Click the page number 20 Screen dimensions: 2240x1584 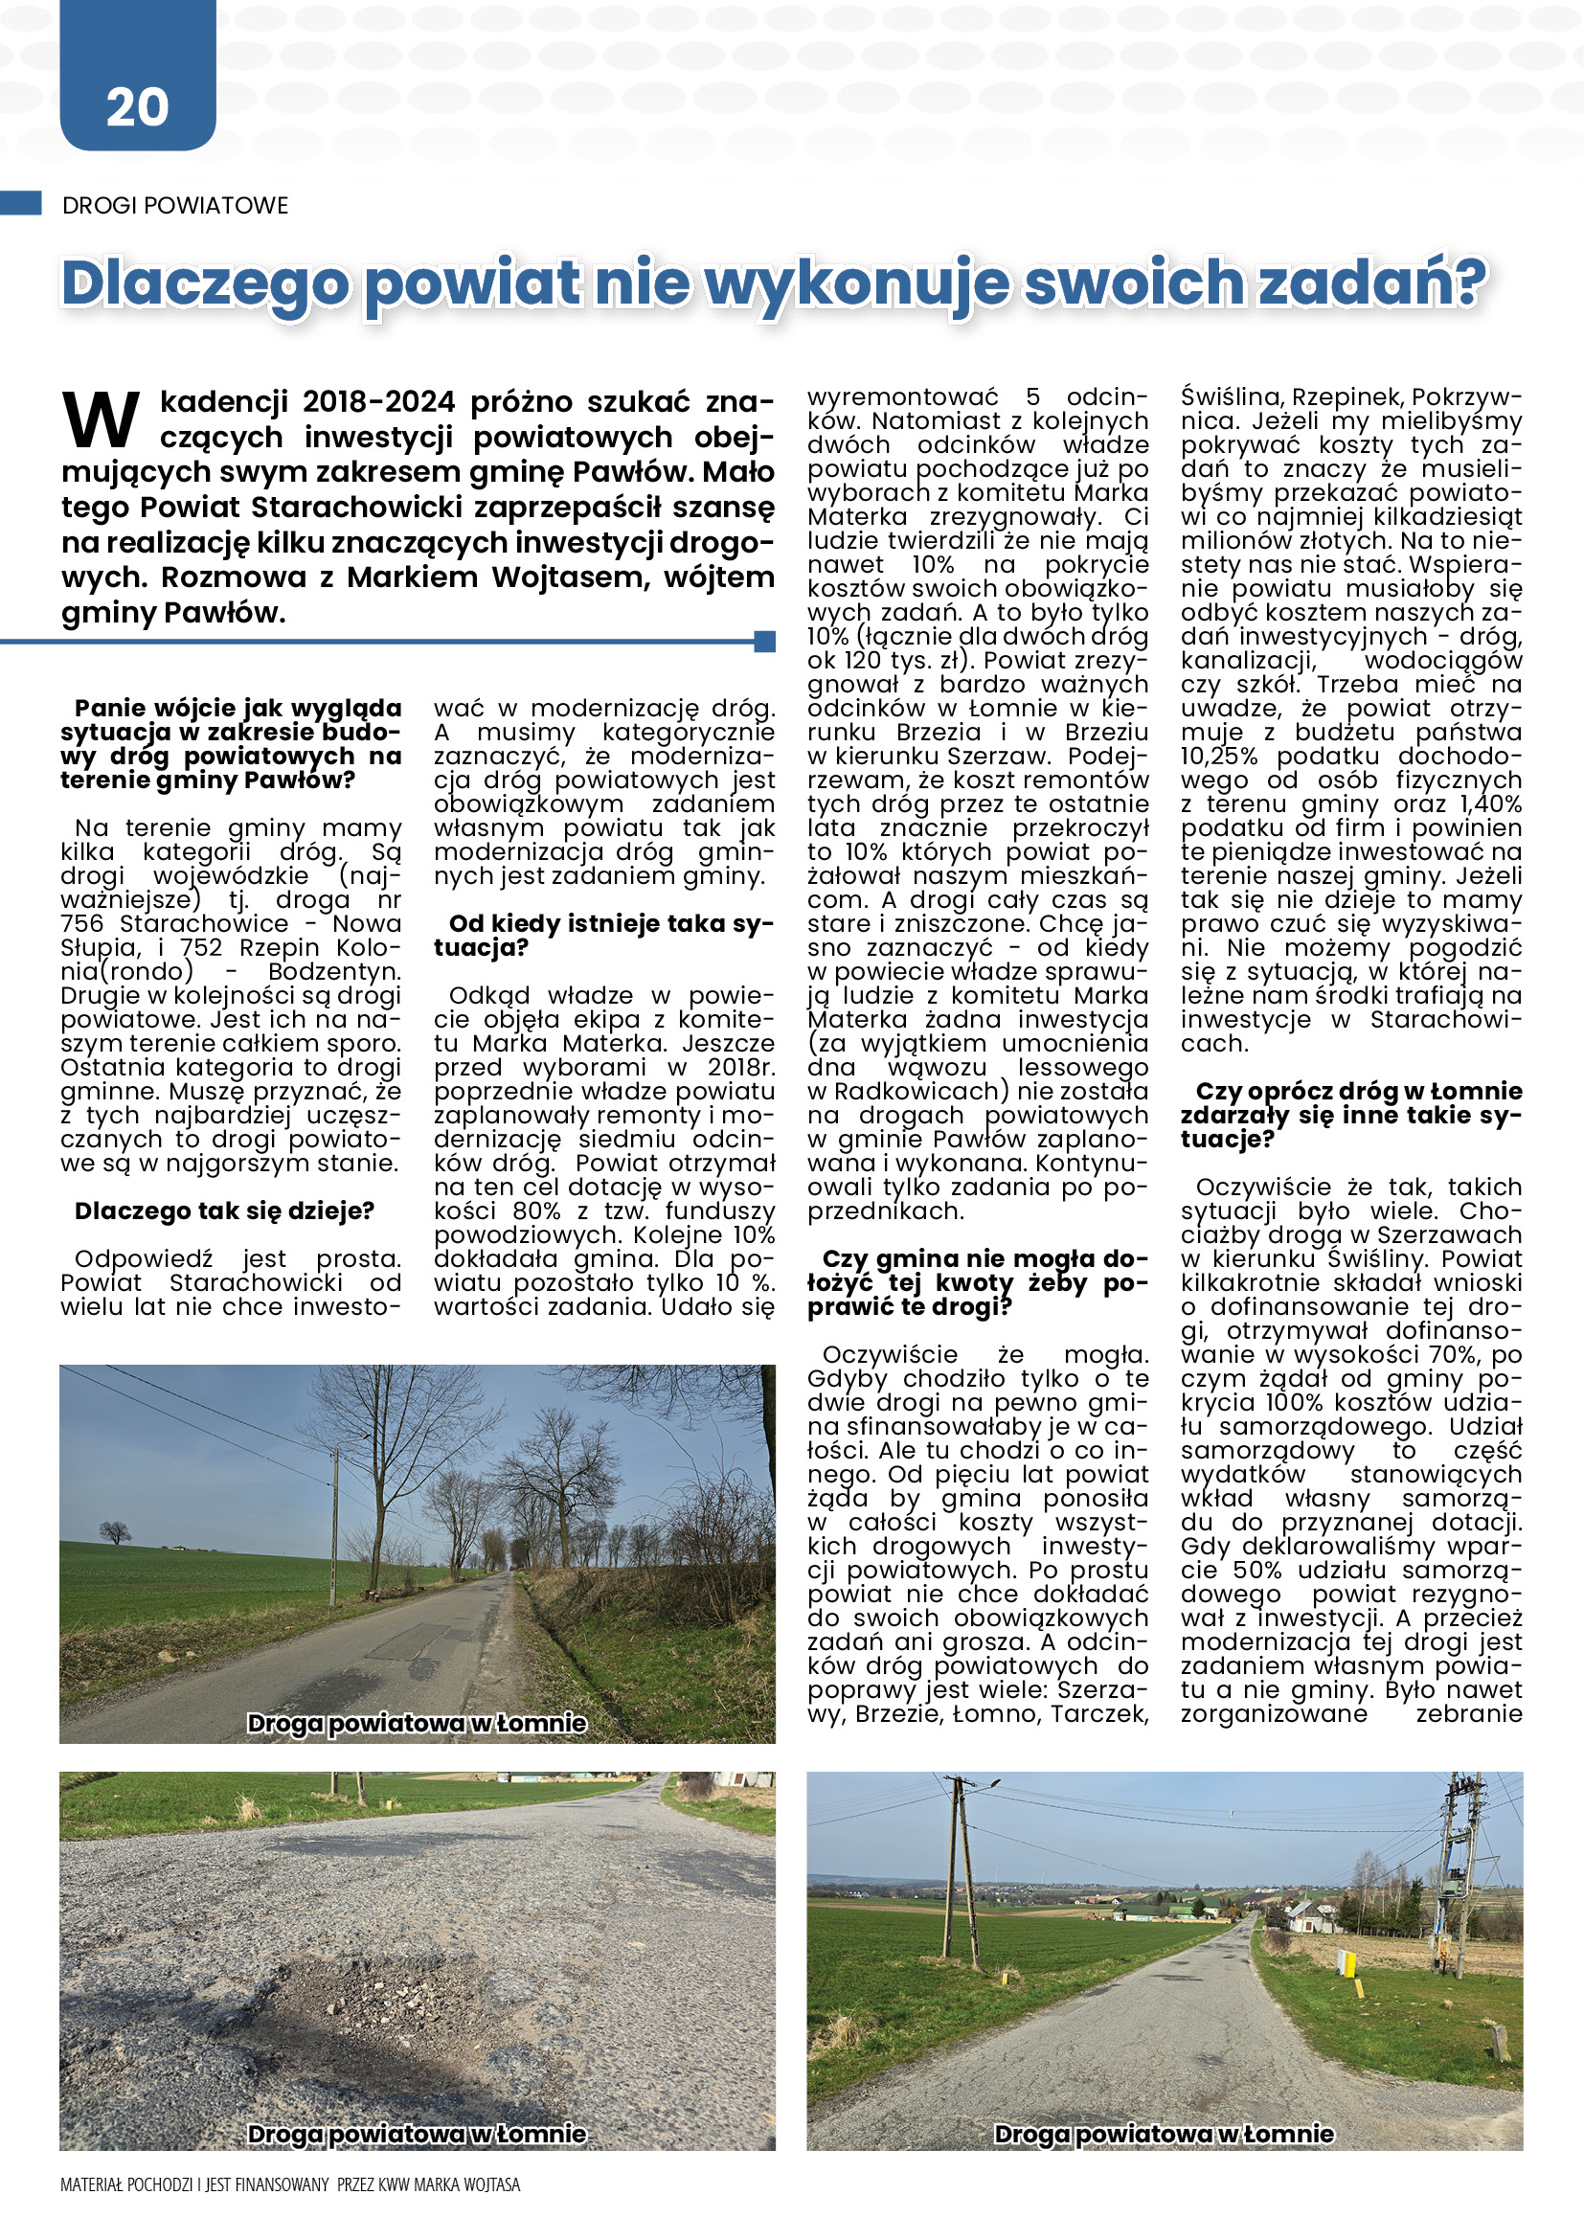137,106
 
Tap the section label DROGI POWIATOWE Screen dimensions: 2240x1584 175,206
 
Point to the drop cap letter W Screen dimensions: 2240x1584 101,419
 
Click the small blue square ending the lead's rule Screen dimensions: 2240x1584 766,641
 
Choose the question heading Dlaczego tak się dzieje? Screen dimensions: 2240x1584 224,1211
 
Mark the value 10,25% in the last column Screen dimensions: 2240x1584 1219,757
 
